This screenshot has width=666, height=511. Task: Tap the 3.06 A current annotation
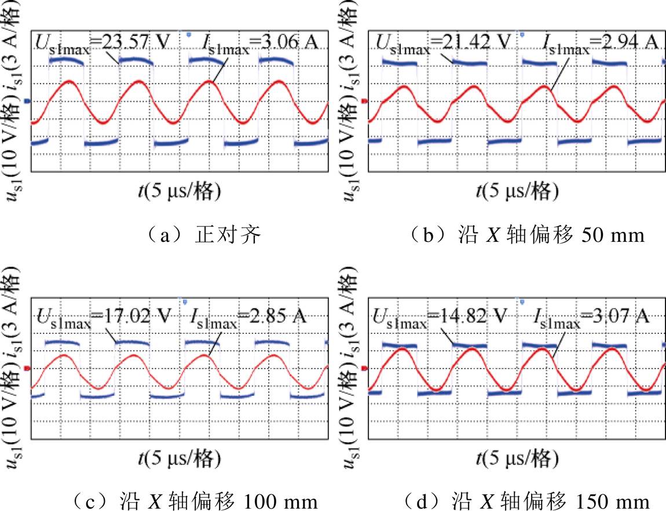click(x=259, y=44)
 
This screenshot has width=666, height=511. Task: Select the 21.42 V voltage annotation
click(x=444, y=44)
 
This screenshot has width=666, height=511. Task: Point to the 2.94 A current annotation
click(x=600, y=44)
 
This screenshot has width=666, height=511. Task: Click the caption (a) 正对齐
click(x=203, y=235)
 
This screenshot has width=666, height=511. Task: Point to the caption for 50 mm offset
click(x=528, y=235)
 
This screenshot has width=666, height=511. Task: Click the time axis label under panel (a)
click(x=180, y=192)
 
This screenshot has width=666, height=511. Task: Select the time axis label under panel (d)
click(x=517, y=459)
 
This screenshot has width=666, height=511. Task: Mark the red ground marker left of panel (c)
click(x=28, y=369)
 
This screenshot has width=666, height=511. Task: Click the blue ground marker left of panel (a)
click(x=28, y=101)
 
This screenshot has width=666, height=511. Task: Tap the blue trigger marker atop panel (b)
click(x=522, y=34)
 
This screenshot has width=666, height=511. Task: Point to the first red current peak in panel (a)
click(x=69, y=81)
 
